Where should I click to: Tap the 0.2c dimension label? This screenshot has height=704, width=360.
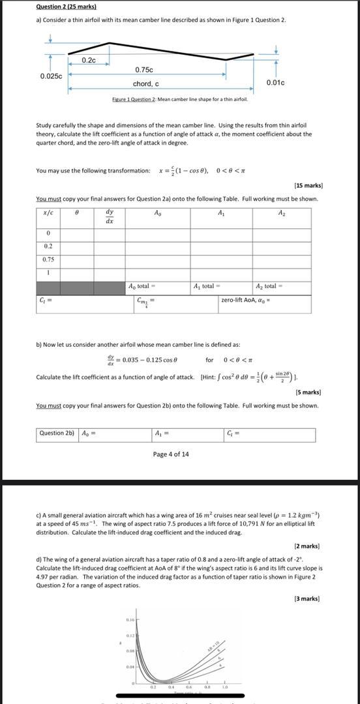[x=89, y=61]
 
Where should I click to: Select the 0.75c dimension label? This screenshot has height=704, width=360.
[x=144, y=70]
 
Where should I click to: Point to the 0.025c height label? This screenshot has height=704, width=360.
[x=51, y=76]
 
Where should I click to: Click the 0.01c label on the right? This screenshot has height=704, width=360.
[x=276, y=83]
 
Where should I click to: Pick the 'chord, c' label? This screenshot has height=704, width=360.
[x=145, y=84]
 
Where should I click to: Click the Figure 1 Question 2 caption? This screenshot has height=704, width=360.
[x=179, y=98]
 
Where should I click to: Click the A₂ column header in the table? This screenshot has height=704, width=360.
[x=281, y=213]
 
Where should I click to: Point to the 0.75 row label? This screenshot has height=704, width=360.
[x=48, y=259]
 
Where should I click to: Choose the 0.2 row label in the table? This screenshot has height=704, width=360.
[x=48, y=246]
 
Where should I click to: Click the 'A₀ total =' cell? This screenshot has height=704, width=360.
[x=142, y=286]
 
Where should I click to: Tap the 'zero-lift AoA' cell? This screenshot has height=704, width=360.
[x=246, y=300]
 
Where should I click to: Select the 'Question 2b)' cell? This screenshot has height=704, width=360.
[x=57, y=433]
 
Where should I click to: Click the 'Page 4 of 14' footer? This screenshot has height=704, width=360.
[x=171, y=454]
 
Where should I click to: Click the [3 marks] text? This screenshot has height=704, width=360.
[x=307, y=598]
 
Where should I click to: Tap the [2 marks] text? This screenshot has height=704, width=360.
[x=307, y=546]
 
